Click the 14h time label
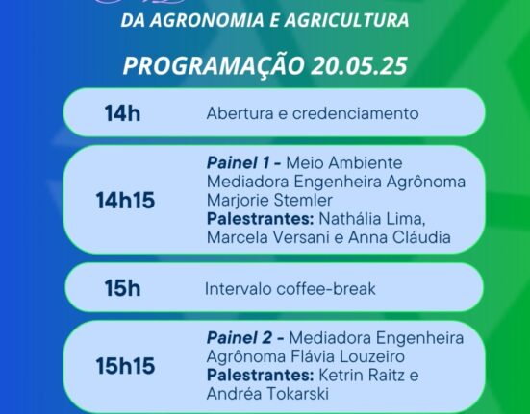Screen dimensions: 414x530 click(122, 113)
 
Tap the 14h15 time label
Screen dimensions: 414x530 click(125, 201)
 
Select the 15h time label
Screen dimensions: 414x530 click(123, 288)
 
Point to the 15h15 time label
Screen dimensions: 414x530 click(125, 365)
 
